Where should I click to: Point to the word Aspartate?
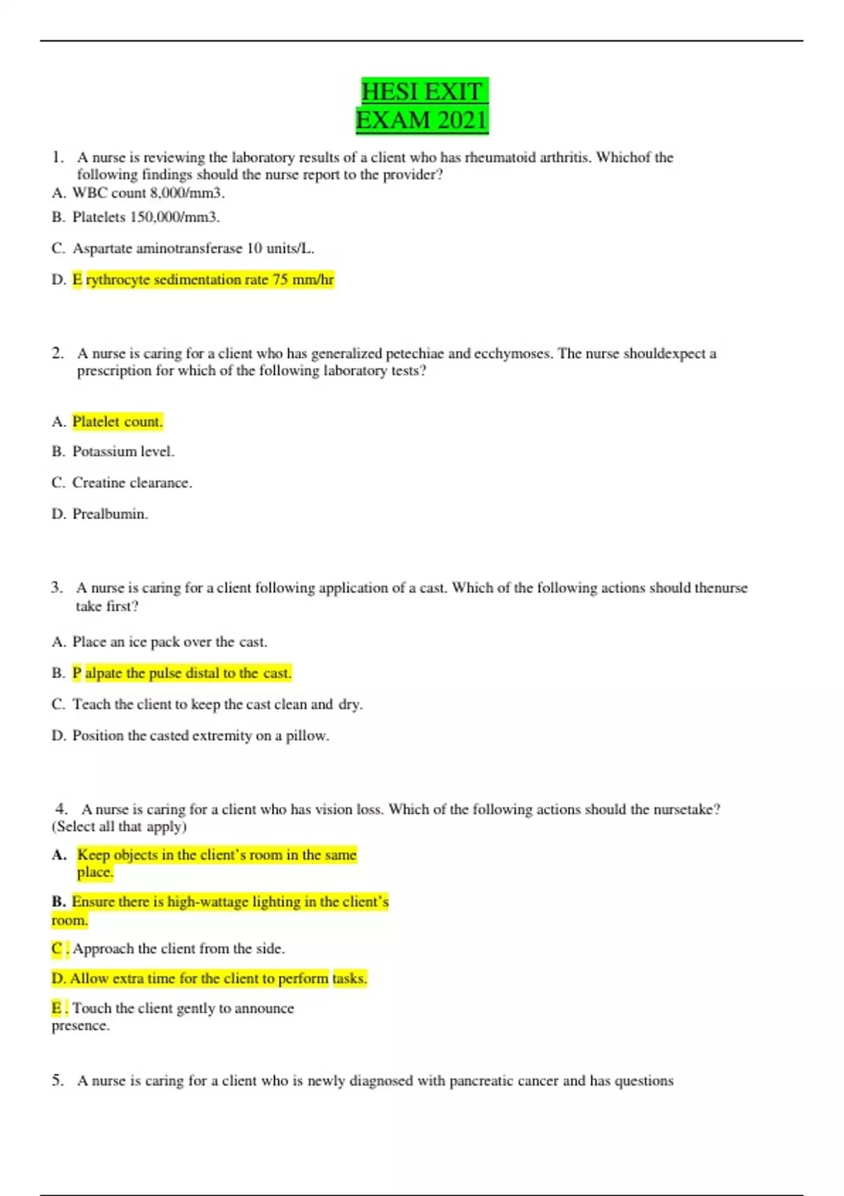(104, 248)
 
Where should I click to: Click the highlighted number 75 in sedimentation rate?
(280, 280)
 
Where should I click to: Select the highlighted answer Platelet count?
(117, 421)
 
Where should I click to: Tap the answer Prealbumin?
(110, 514)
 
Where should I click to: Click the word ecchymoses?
(513, 353)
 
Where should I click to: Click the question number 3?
(56, 587)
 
